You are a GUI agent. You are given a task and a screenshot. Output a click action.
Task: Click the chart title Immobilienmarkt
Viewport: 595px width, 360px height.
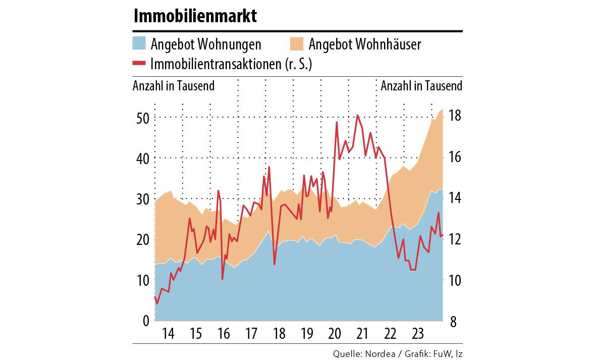195,16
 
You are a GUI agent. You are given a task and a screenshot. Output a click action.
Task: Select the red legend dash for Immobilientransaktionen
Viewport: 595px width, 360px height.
139,63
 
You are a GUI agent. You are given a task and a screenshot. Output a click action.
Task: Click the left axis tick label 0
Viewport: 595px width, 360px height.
145,321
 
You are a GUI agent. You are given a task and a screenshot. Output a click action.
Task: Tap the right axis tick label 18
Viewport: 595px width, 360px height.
454,116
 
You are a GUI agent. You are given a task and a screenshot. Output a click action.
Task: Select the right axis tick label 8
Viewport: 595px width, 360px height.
453,321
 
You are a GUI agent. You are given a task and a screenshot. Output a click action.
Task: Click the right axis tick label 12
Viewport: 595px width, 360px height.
454,239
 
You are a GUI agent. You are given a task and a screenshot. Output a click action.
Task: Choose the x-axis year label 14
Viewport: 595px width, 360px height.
169,334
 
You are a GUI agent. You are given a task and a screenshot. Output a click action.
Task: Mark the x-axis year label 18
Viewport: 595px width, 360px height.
279,334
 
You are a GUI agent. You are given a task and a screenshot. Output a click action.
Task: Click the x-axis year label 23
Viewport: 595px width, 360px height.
417,334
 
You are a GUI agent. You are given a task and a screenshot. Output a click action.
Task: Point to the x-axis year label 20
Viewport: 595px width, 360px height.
334,334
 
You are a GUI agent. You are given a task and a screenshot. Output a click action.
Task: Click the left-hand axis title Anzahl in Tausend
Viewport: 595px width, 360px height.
174,86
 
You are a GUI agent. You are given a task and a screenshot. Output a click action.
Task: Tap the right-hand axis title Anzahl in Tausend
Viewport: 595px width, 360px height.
421,86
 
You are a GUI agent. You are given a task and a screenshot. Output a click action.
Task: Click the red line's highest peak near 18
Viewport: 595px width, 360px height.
357,116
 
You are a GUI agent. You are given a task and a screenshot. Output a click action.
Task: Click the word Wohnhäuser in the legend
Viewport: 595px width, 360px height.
388,44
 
